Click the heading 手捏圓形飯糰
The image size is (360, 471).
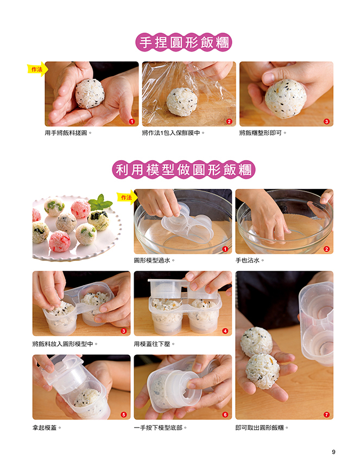point(184,42)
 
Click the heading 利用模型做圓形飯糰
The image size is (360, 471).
point(184,170)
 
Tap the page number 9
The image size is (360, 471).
point(333,452)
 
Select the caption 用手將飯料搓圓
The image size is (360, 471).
point(68,133)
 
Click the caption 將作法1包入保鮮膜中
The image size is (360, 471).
point(173,133)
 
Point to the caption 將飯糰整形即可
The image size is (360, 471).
point(263,133)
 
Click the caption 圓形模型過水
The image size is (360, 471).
point(154,260)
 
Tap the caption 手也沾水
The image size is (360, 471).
point(249,260)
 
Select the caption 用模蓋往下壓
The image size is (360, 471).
point(154,344)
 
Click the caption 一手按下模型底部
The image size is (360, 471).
point(160,428)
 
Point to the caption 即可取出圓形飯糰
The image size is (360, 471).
point(261,428)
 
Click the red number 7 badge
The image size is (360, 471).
point(326,415)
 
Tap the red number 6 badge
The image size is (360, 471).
point(225,415)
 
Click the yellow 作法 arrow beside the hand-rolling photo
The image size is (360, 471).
point(37,69)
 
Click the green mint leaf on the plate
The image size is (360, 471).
point(100,203)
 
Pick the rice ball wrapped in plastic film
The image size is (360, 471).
point(182,101)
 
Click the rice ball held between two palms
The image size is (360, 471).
point(90,93)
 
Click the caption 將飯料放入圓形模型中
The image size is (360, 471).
point(65,344)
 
